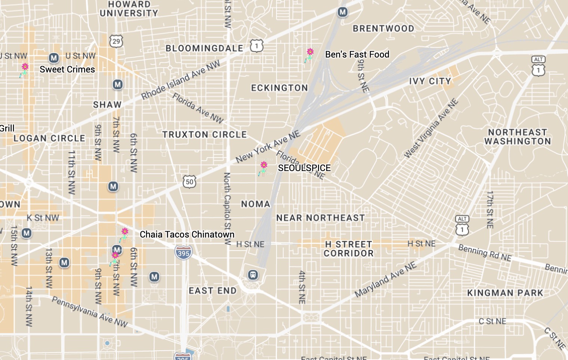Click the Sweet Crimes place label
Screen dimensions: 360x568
[67, 69]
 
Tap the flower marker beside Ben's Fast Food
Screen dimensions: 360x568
[310, 55]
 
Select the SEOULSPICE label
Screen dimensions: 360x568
[304, 168]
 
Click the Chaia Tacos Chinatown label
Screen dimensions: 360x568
[187, 235]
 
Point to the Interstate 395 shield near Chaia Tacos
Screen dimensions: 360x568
[183, 253]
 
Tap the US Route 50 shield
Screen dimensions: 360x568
[189, 182]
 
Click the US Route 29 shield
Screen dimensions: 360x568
[116, 41]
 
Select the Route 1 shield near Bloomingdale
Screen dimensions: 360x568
[257, 46]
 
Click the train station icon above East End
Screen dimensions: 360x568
[253, 275]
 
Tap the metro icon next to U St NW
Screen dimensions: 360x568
[54, 58]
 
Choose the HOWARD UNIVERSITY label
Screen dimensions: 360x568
[129, 9]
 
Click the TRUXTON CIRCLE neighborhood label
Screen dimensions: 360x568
[204, 134]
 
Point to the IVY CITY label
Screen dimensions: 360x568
[430, 81]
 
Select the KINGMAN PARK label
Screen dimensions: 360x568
[505, 293]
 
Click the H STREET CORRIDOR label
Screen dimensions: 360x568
[349, 249]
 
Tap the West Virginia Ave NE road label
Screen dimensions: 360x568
[431, 128]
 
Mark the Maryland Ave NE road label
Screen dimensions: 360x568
[385, 279]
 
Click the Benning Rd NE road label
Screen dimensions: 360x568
[485, 253]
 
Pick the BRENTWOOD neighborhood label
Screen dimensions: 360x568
[383, 29]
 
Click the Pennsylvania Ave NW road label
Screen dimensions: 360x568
[90, 312]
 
